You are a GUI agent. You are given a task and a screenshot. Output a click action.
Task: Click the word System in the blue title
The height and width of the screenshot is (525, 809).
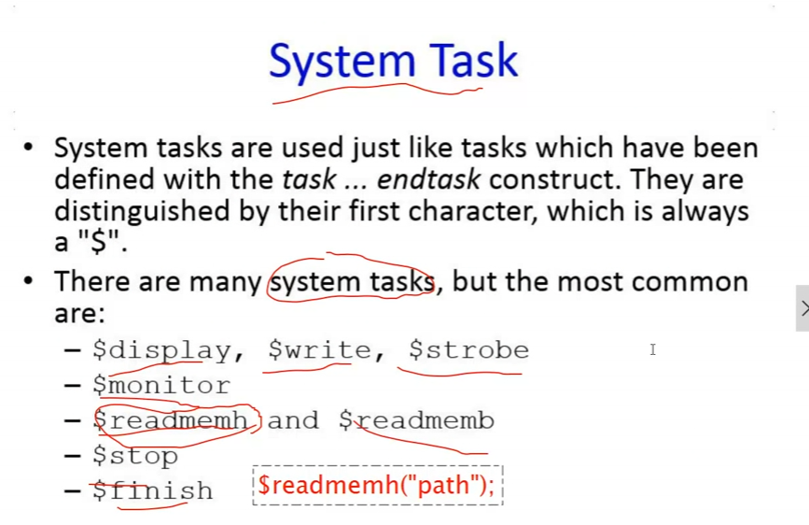pos(342,62)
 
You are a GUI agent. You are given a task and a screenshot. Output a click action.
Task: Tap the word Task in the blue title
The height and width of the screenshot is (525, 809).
pos(474,60)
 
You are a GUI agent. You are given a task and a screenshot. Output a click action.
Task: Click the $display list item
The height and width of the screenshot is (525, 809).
pos(162,351)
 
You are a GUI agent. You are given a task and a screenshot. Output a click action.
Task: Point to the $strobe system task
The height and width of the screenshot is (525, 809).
pos(469,349)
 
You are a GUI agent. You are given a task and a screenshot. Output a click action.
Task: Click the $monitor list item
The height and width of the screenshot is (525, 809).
pos(161,385)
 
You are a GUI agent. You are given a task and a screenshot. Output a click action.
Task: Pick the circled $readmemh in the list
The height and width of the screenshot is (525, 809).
pos(171,420)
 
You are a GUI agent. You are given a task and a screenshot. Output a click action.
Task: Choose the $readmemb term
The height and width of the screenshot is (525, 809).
pos(416,420)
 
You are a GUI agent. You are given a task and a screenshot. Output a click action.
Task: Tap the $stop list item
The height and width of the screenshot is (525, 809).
pos(135,456)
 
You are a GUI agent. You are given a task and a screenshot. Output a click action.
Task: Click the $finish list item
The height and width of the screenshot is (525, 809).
pos(153,490)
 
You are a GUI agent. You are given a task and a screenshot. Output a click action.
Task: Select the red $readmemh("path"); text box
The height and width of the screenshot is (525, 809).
pos(377,485)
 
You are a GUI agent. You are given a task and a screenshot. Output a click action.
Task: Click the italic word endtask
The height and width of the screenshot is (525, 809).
pos(428,179)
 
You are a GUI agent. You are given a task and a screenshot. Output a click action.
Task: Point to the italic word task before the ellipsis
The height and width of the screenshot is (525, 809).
pos(309,179)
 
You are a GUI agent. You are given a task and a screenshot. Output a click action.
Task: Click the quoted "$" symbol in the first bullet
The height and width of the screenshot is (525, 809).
pos(98,241)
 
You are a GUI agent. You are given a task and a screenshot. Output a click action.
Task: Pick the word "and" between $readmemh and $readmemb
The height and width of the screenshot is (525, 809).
pos(293,420)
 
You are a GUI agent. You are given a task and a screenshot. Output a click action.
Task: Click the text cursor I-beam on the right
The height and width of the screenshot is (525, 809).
pos(652,349)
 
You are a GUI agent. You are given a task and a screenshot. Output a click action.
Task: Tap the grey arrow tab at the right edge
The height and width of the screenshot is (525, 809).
pos(802,308)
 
